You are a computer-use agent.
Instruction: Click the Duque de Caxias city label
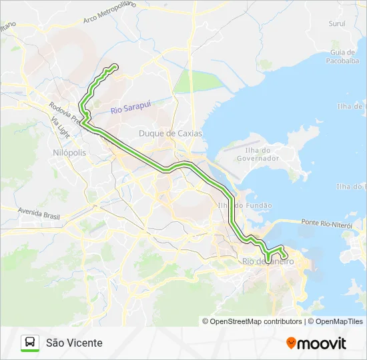[170, 133]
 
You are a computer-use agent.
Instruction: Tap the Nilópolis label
[69, 153]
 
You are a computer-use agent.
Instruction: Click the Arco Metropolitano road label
[109, 12]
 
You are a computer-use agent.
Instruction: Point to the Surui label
[336, 23]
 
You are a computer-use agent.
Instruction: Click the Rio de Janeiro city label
[267, 261]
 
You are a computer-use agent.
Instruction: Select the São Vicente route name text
[74, 343]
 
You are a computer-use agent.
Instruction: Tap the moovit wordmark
[322, 343]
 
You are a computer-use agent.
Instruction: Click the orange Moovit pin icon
[291, 343]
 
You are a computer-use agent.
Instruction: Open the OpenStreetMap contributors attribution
[256, 321]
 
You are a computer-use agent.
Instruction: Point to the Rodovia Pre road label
[64, 113]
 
